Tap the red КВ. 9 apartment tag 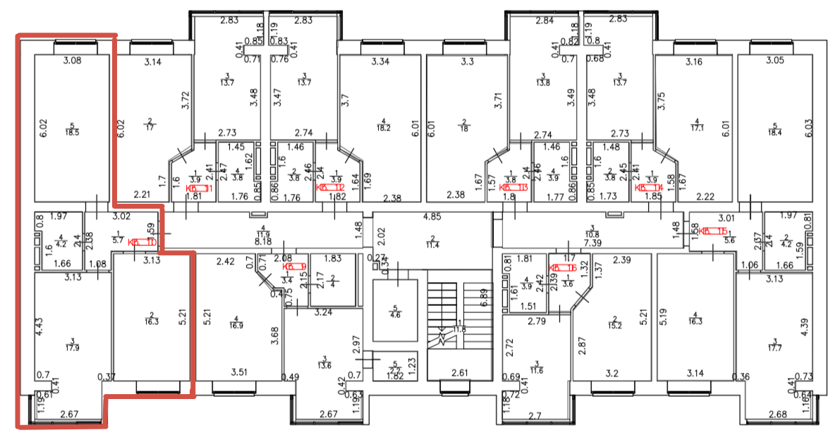coord(293,267)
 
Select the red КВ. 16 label coord(563,268)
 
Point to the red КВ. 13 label coord(513,188)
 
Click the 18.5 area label coord(72,132)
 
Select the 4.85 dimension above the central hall coord(432,217)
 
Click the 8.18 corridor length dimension coord(264,241)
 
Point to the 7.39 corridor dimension coord(592,242)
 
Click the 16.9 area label coord(236,326)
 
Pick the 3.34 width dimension coord(381,62)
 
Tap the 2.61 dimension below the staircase coord(459,372)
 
